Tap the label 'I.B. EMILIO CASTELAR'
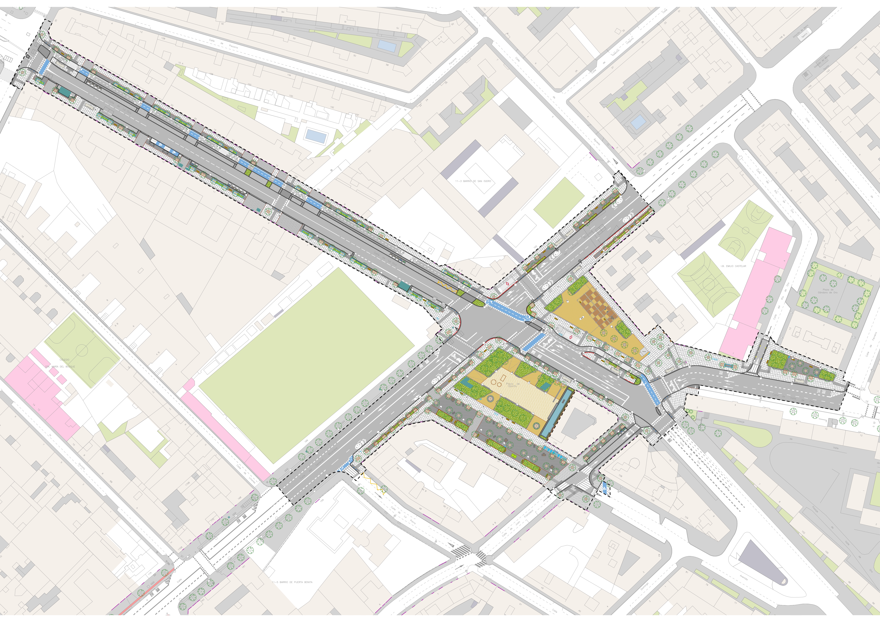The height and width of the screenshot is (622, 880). [733, 266]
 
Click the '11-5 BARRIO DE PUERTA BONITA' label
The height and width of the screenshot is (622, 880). [292, 582]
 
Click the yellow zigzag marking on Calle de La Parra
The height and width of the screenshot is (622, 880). [372, 484]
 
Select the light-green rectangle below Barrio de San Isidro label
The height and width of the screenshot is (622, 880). [559, 202]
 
